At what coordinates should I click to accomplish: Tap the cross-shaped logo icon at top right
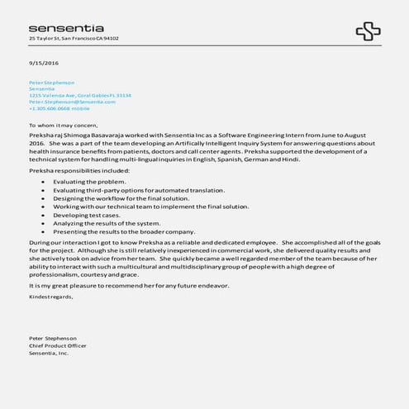(368, 32)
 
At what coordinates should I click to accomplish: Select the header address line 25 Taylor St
(74, 38)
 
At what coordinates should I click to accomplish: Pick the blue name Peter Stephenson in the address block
(51, 83)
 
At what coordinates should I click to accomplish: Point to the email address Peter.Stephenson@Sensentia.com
(72, 102)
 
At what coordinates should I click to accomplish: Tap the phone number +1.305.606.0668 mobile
(59, 108)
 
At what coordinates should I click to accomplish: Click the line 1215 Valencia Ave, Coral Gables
(79, 95)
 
